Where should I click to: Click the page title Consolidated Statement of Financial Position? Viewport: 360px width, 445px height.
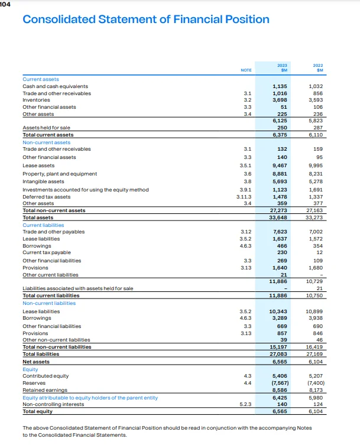pyautogui.click(x=145, y=19)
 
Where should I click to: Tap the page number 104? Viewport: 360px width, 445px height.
pyautogui.click(x=6, y=3)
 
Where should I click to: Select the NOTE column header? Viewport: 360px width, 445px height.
pyautogui.click(x=246, y=70)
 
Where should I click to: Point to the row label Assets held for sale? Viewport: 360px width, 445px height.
pyautogui.click(x=46, y=128)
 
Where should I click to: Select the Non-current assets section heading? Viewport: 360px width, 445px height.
pyautogui.click(x=46, y=142)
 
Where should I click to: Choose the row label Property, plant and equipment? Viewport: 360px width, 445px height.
pyautogui.click(x=60, y=174)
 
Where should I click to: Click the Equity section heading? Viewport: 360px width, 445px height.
pyautogui.click(x=30, y=369)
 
